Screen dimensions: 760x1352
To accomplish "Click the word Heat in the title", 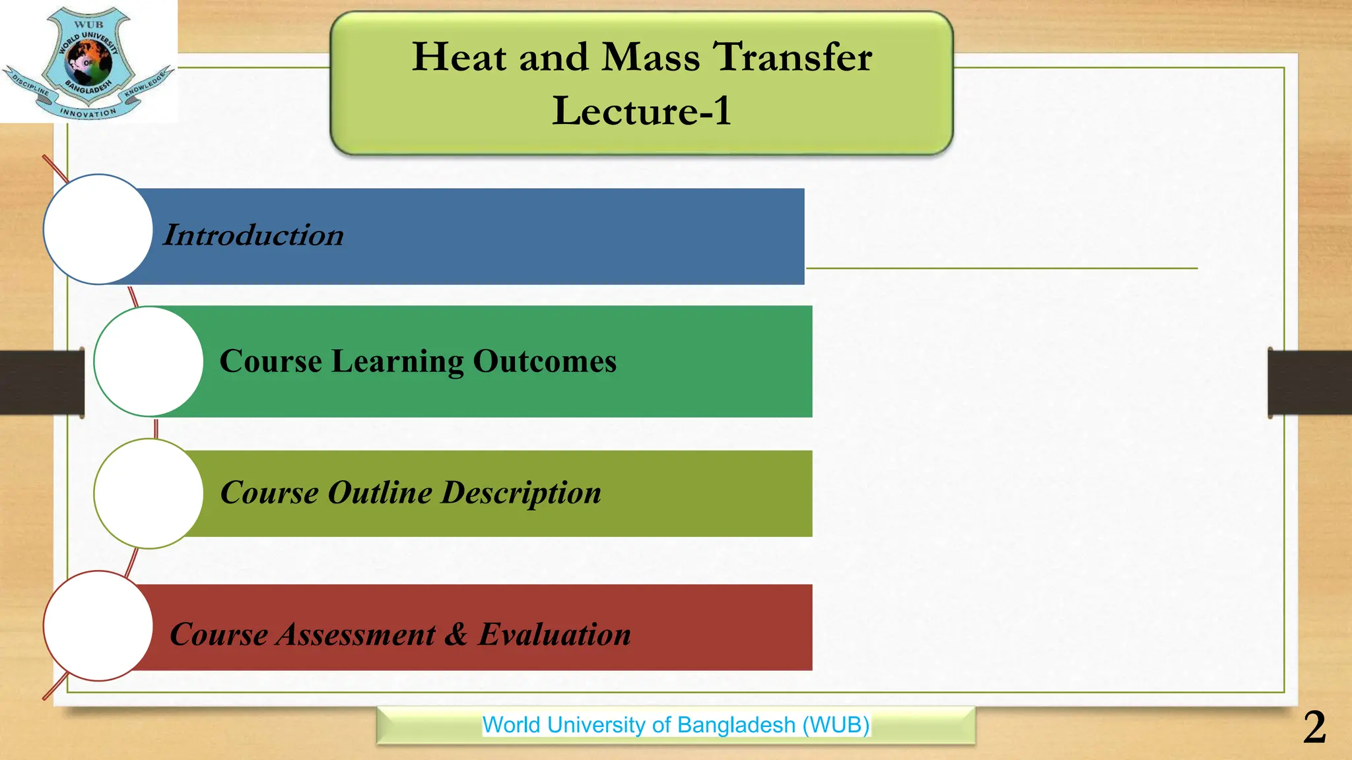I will (459, 57).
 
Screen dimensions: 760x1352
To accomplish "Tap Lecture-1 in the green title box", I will (642, 111).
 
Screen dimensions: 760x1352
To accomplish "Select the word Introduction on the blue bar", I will (253, 236).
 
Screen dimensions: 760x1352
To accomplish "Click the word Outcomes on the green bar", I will (545, 362).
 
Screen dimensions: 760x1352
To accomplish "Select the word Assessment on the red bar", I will (356, 635).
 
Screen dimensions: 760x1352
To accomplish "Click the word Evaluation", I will (555, 635).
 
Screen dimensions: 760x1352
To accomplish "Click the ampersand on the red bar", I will (456, 635).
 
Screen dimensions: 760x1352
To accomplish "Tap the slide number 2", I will (1314, 728).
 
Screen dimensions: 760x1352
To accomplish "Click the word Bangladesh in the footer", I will (736, 725).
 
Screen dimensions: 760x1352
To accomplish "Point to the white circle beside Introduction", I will (98, 230).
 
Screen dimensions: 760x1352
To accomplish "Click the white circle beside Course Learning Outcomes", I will (149, 362).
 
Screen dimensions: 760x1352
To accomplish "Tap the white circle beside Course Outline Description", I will (149, 493).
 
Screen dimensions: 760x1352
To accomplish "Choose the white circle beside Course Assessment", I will (98, 625).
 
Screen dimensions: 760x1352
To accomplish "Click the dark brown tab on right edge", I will (1310, 383).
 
